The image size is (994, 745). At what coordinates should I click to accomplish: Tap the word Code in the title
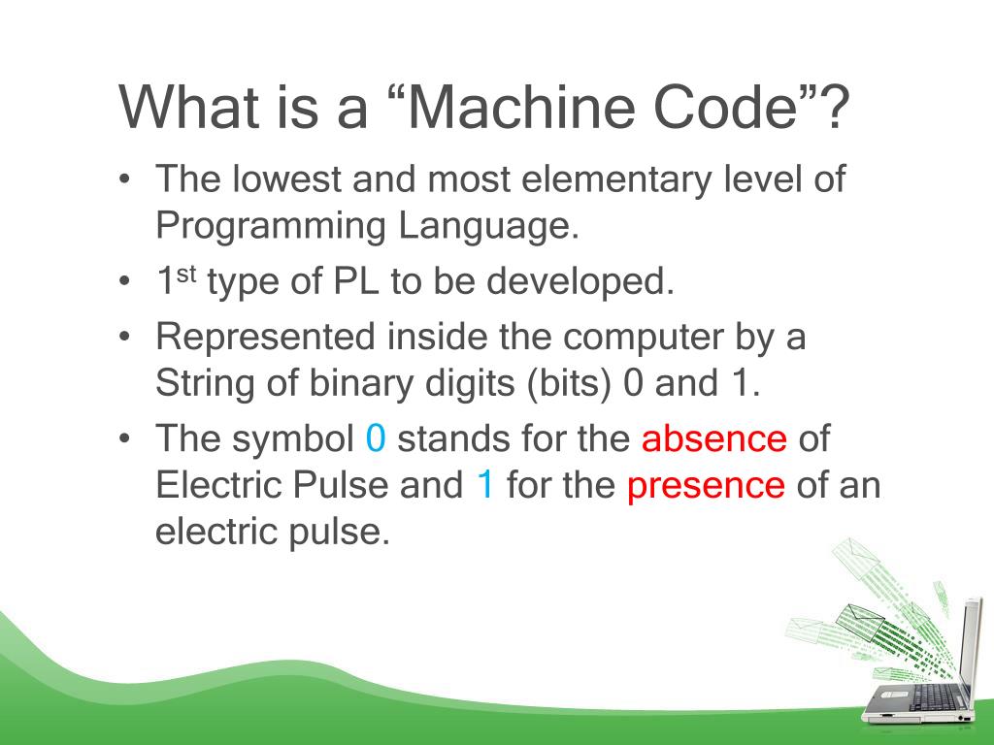pos(731,108)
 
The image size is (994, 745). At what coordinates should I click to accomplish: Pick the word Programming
pos(270,227)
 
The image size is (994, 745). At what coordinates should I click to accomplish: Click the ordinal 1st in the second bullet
pos(177,281)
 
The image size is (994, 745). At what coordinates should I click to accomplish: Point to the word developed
pos(580,282)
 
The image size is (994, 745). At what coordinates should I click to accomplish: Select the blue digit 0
pos(377,439)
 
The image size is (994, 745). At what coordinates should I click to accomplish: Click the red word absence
pos(713,439)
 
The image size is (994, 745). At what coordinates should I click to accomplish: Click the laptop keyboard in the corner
pos(932,696)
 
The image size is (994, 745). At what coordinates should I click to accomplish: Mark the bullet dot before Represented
pos(125,338)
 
